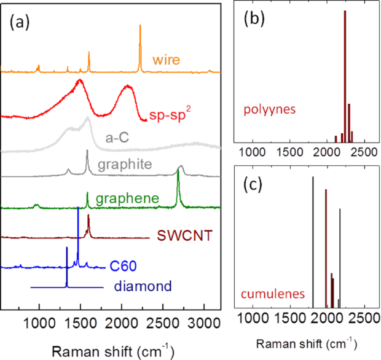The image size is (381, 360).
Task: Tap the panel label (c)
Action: tap(254, 184)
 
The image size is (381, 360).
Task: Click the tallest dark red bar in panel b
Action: tap(345, 74)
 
